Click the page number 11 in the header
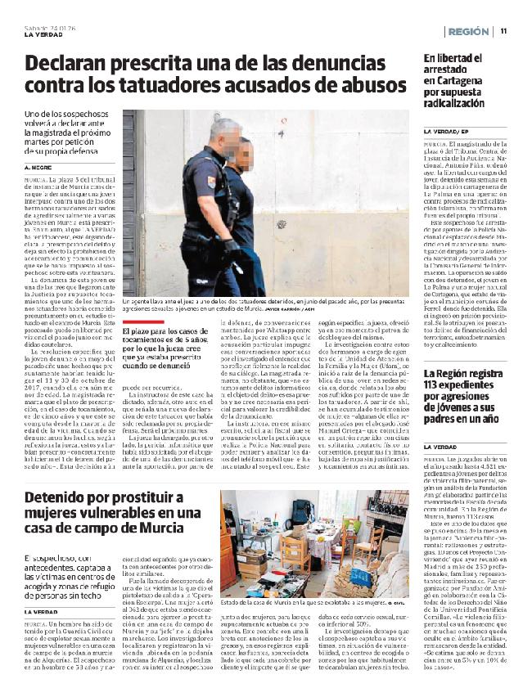pyautogui.click(x=504, y=31)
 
